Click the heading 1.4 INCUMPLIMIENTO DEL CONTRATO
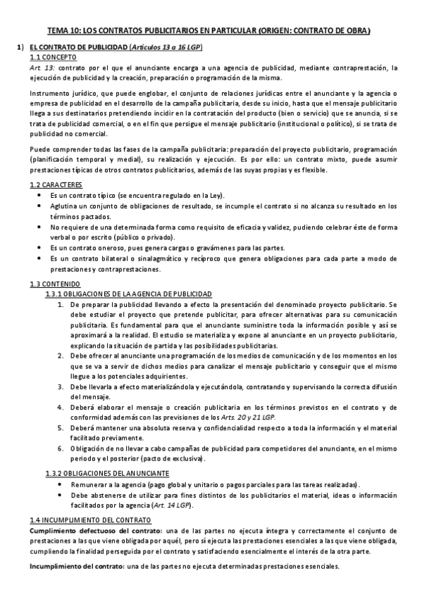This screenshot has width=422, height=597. point(90,519)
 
